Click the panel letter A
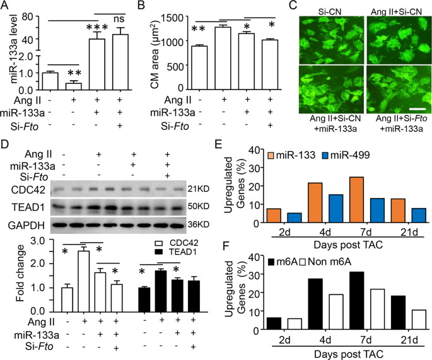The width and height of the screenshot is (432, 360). (x=6, y=6)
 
